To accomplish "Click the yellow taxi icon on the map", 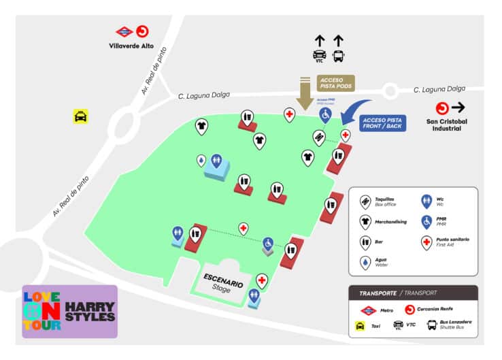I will point(81,117).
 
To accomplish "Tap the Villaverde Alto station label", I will point(131,46).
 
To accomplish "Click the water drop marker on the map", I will point(201,160).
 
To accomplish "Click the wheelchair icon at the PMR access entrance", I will point(325,115).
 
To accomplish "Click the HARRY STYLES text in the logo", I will point(90,312).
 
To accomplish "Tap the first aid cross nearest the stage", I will point(262,280).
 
